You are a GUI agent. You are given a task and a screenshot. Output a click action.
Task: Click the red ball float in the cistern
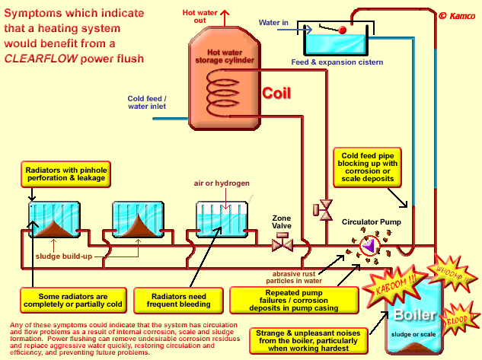coord(343,29)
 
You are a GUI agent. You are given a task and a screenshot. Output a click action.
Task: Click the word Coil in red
coord(278,93)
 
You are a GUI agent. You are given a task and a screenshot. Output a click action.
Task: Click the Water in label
coord(273,23)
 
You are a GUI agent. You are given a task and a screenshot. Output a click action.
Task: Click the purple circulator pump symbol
coord(369,245)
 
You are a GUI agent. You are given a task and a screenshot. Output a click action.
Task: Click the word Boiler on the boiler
coord(415,316)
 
